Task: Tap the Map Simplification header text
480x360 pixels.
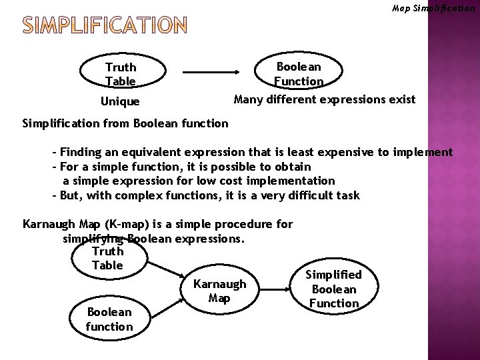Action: point(433,9)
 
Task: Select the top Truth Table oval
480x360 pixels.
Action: point(121,74)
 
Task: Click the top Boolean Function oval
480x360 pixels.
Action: point(298,74)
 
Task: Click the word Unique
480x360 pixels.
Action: point(120,102)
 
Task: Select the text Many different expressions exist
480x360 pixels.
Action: point(324,100)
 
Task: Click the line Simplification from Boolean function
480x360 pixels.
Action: point(125,123)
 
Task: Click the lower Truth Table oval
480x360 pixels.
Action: point(108,258)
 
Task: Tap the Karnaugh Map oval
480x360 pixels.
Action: point(219,291)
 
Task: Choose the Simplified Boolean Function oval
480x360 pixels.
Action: point(333,289)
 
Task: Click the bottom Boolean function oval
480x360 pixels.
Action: point(109,319)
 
